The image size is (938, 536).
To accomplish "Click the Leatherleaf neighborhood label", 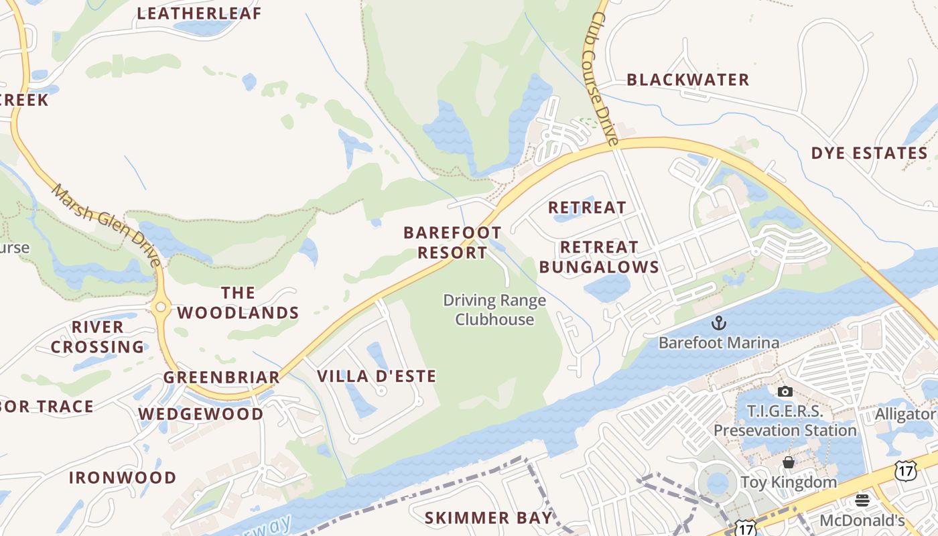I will click(199, 13).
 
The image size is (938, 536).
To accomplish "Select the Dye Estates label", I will click(869, 153).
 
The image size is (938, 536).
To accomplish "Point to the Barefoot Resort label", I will click(452, 243).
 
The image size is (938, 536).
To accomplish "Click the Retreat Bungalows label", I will click(599, 257).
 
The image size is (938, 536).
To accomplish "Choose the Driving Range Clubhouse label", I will click(494, 310).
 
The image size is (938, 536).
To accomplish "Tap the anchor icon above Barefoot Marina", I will click(718, 323).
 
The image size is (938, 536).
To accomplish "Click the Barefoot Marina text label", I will click(718, 343).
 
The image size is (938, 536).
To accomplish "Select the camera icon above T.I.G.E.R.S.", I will click(785, 391).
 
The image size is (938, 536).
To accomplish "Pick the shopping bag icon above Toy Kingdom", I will click(789, 462).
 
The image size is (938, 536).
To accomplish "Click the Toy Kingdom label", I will click(789, 482).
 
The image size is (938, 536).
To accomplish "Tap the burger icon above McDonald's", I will click(862, 500).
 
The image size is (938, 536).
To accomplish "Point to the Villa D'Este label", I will click(376, 376).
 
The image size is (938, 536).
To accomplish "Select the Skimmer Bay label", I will click(488, 518).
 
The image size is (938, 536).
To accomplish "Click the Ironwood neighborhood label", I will click(123, 478).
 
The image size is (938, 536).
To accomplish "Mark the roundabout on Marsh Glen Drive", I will click(160, 308).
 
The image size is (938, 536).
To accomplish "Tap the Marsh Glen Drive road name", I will click(107, 224).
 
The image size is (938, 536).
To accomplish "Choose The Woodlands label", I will click(238, 303).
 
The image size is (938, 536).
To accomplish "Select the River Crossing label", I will click(98, 337).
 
